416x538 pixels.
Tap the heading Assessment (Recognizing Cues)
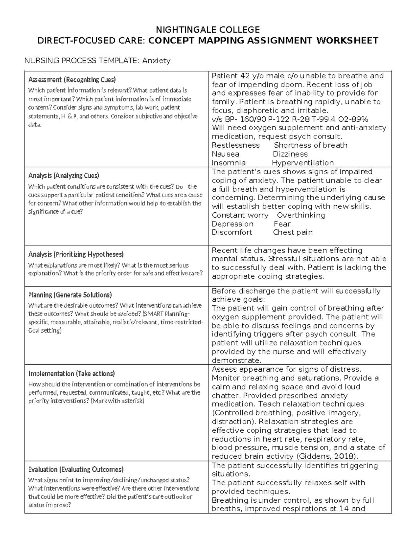(72, 80)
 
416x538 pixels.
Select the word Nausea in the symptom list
(225, 154)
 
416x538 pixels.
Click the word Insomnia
(228, 163)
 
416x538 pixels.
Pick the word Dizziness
(290, 154)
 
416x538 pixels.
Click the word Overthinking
(301, 215)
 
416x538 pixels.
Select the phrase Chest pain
(293, 232)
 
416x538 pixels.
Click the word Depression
(233, 224)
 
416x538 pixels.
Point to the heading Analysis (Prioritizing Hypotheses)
(76, 254)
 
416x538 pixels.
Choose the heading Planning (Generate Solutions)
(70, 295)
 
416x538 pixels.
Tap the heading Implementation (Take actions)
(71, 373)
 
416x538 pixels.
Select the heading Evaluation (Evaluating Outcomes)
(76, 469)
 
